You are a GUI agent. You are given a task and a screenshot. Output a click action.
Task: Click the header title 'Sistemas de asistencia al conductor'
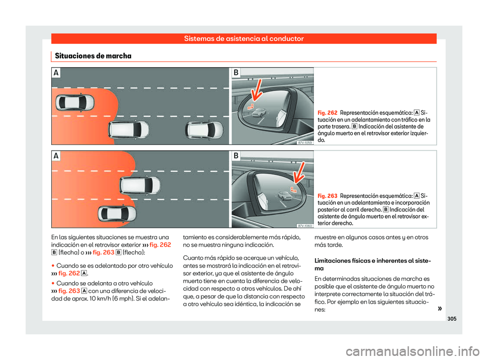(244, 39)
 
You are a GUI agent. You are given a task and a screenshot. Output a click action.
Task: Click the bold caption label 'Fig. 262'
(327, 112)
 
